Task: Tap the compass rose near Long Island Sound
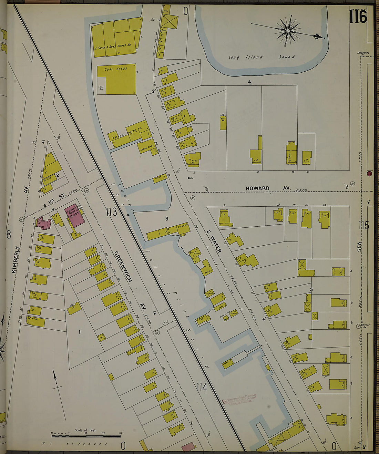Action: [288, 31]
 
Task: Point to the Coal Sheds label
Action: [117, 69]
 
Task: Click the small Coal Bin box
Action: [101, 88]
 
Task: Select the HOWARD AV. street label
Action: [267, 188]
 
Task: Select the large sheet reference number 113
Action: [111, 212]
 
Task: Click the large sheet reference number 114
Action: [202, 387]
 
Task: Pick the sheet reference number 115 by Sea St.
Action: [363, 225]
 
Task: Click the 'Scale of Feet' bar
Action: [86, 434]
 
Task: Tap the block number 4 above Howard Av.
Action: [249, 82]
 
